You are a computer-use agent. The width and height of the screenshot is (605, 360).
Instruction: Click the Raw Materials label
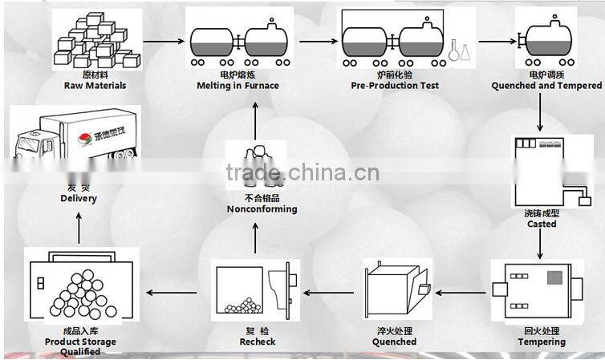click(95, 85)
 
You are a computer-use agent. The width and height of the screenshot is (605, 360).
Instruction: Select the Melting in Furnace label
click(238, 85)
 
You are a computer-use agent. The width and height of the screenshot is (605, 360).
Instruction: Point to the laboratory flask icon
click(460, 50)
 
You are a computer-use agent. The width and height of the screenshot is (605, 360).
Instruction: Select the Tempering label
click(542, 342)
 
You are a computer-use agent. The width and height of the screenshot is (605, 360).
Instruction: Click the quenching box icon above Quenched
click(393, 289)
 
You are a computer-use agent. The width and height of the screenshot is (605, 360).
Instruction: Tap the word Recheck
click(257, 342)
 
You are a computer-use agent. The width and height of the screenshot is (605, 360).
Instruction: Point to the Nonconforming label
click(262, 208)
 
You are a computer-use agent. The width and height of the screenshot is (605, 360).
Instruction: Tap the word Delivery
click(79, 198)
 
